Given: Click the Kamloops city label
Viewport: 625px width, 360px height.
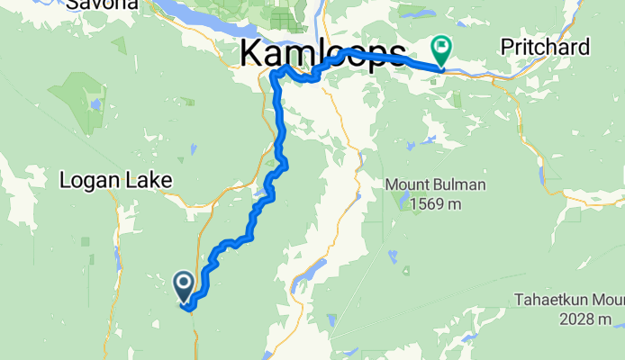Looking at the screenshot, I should (x=322, y=54).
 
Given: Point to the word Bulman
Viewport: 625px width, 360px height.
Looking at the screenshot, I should (x=460, y=185).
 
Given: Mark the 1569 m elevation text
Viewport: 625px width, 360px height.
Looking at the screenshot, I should (x=436, y=204).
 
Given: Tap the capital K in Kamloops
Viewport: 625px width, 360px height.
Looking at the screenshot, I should (x=251, y=54).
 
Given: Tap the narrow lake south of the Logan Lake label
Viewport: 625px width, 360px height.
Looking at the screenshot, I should (x=117, y=258).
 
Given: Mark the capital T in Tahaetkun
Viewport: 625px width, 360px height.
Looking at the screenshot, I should (x=520, y=300).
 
